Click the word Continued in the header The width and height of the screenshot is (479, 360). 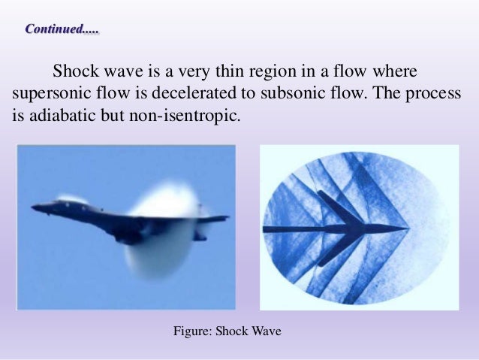tap(54, 30)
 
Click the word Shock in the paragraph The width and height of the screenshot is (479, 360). tap(74, 73)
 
